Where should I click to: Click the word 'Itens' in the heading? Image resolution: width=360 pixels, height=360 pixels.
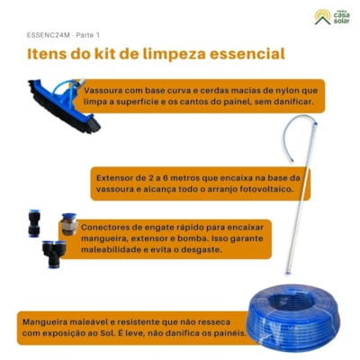point(48,55)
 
